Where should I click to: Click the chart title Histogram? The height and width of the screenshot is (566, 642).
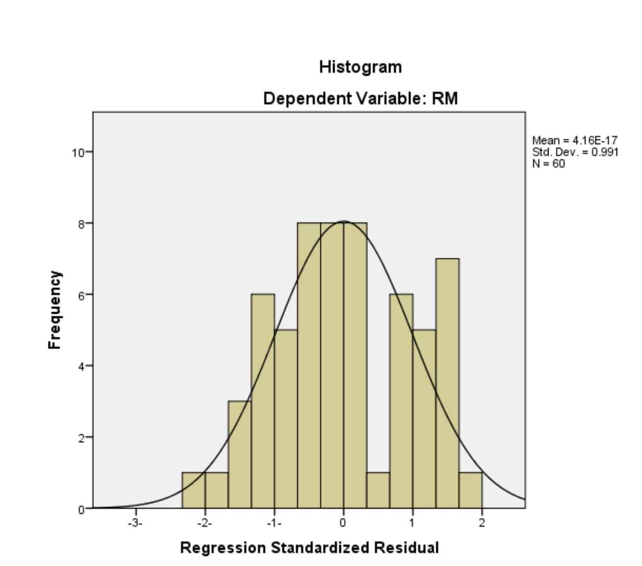(x=360, y=67)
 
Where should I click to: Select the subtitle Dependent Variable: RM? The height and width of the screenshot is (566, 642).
(x=360, y=99)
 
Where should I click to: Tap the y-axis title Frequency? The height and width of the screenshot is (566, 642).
(x=55, y=310)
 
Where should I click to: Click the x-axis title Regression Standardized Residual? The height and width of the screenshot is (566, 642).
(x=309, y=547)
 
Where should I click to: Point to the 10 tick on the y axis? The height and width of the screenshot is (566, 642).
(x=78, y=153)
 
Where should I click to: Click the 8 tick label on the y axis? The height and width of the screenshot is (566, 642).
(x=81, y=224)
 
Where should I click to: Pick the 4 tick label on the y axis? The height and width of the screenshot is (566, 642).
(x=81, y=366)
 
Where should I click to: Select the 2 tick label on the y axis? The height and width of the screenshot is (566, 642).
(x=81, y=438)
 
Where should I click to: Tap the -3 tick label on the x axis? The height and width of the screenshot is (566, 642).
(x=135, y=523)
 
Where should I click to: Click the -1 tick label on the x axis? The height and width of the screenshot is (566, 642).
(x=274, y=523)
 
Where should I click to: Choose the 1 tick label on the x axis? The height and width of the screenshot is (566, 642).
(x=412, y=523)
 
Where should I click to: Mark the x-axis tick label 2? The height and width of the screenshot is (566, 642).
(x=481, y=523)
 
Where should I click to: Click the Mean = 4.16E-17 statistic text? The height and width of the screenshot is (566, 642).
(x=574, y=140)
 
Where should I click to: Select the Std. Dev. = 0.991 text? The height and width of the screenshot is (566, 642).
(x=575, y=152)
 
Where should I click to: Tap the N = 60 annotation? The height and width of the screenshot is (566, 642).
(x=549, y=164)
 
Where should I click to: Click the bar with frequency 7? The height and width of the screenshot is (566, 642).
(x=447, y=383)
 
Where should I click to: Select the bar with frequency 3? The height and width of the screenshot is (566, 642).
(x=239, y=455)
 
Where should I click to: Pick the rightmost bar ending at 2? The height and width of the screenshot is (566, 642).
(x=470, y=490)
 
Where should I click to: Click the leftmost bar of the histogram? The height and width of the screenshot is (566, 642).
(x=193, y=490)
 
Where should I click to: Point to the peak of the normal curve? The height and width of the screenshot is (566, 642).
(x=344, y=221)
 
